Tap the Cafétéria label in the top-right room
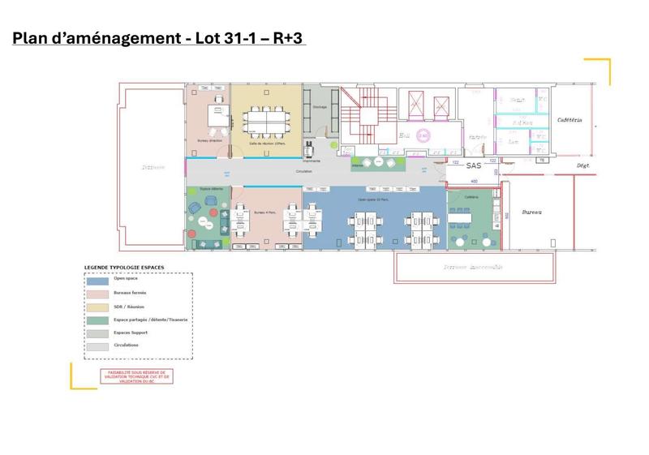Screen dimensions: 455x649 (x=569, y=120)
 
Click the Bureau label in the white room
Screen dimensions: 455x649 (x=532, y=212)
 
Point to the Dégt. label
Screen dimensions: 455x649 (x=582, y=165)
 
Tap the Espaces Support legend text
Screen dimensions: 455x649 (x=131, y=333)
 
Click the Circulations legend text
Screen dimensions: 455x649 (x=127, y=346)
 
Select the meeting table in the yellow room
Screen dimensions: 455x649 (x=265, y=119)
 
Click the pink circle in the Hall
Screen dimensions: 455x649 (x=422, y=135)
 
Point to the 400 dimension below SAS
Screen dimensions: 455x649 (x=473, y=181)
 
